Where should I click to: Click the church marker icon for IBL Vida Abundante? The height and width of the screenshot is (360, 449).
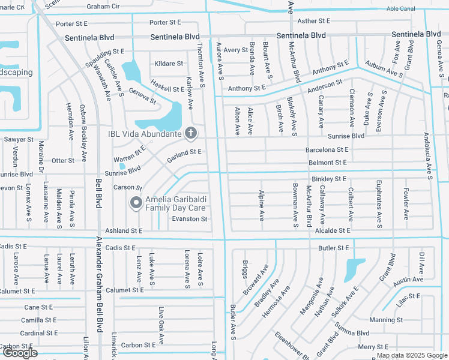tap(191, 133)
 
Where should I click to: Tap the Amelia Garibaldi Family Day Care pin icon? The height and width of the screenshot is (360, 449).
tap(136, 204)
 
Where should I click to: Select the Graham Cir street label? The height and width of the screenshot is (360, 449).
tap(103, 7)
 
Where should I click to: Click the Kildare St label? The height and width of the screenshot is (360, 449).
tap(169, 64)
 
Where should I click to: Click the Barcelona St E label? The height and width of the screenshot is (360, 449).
tap(327, 149)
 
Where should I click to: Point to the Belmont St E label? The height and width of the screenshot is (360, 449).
tap(328, 163)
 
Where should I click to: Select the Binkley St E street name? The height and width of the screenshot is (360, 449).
tap(328, 179)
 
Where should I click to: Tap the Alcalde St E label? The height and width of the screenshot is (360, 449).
tap(331, 230)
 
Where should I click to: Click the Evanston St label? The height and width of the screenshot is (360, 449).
tap(190, 219)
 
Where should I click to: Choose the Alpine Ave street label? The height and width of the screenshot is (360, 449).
tap(261, 206)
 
